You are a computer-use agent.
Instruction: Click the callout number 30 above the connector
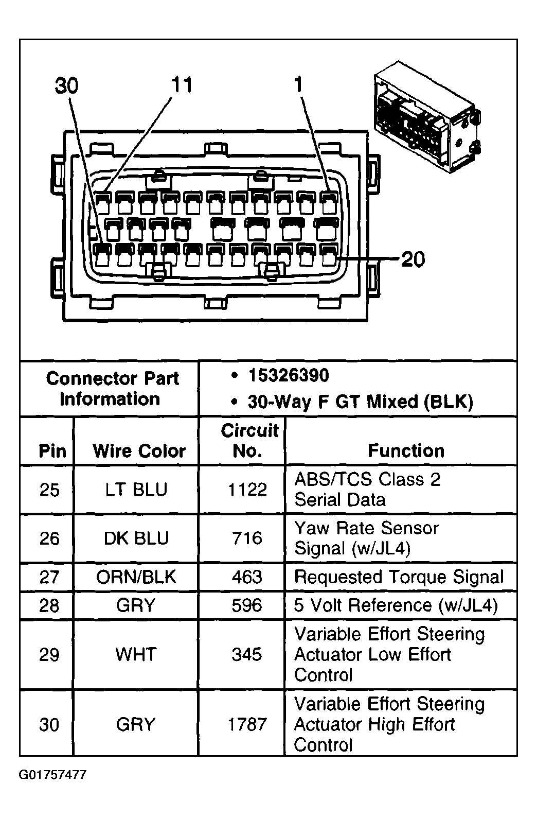coord(67,86)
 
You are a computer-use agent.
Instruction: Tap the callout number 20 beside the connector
coord(413,259)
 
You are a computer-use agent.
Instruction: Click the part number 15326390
coord(289,376)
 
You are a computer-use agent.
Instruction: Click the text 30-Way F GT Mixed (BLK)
coord(360,402)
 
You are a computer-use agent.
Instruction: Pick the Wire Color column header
coord(139,451)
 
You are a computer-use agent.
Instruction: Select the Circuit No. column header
coord(248,441)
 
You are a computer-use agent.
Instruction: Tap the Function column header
coord(406,451)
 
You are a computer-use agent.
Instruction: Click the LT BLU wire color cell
coord(136,490)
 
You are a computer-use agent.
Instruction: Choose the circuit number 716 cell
coord(247,538)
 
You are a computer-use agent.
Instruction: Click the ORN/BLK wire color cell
coord(136,577)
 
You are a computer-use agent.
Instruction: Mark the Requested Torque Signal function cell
coord(399,577)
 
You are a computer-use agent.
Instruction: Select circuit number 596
coord(247,605)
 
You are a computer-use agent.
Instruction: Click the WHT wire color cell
coord(136,655)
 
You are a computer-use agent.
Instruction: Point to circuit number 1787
coord(247,725)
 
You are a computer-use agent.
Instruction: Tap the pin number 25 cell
coord(49,490)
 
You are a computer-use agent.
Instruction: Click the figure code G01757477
coord(52,775)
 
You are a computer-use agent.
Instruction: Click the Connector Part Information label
coord(112,389)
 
